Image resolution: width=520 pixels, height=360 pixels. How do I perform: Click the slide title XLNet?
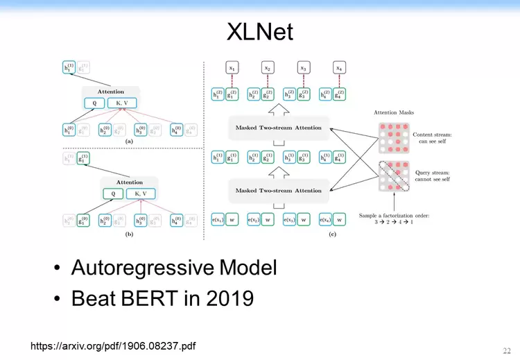coord(260,31)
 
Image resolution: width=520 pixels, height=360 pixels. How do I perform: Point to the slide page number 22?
coord(507,350)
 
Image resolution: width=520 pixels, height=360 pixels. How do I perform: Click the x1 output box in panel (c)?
coord(232,68)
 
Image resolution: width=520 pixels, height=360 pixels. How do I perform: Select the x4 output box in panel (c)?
coord(338,68)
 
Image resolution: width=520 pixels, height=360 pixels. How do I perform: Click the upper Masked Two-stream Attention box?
coord(278,127)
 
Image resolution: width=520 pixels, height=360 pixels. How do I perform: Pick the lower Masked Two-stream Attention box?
coord(278,190)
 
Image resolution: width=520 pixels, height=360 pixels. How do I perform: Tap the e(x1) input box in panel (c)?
coord(216,221)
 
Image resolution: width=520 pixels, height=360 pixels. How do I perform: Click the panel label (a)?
coord(128,141)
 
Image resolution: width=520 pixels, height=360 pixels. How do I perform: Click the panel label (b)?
coord(128,234)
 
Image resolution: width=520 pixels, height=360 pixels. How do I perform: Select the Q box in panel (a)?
coord(95,103)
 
